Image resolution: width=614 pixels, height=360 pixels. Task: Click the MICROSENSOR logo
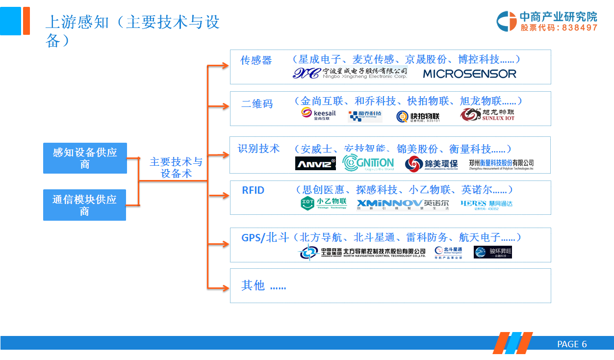(x=469, y=74)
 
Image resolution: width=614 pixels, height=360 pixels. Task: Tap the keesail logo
(x=318, y=114)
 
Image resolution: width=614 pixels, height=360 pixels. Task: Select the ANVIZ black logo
(x=315, y=163)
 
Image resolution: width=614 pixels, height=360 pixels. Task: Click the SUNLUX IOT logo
(x=487, y=115)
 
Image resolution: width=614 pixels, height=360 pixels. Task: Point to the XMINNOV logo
(x=389, y=204)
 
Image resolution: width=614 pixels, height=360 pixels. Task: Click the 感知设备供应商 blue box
(x=85, y=158)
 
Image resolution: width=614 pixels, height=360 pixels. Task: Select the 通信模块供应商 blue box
(x=84, y=205)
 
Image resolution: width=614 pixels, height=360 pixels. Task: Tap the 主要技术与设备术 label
(x=176, y=168)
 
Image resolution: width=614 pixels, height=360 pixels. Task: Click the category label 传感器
(x=256, y=60)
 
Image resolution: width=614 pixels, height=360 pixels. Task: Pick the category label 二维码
(x=257, y=104)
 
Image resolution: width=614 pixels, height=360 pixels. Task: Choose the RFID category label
(x=253, y=190)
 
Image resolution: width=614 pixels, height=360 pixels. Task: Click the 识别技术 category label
(x=258, y=149)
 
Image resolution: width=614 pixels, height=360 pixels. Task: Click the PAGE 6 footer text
(x=572, y=344)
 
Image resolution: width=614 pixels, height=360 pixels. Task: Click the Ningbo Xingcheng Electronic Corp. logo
(x=350, y=74)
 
